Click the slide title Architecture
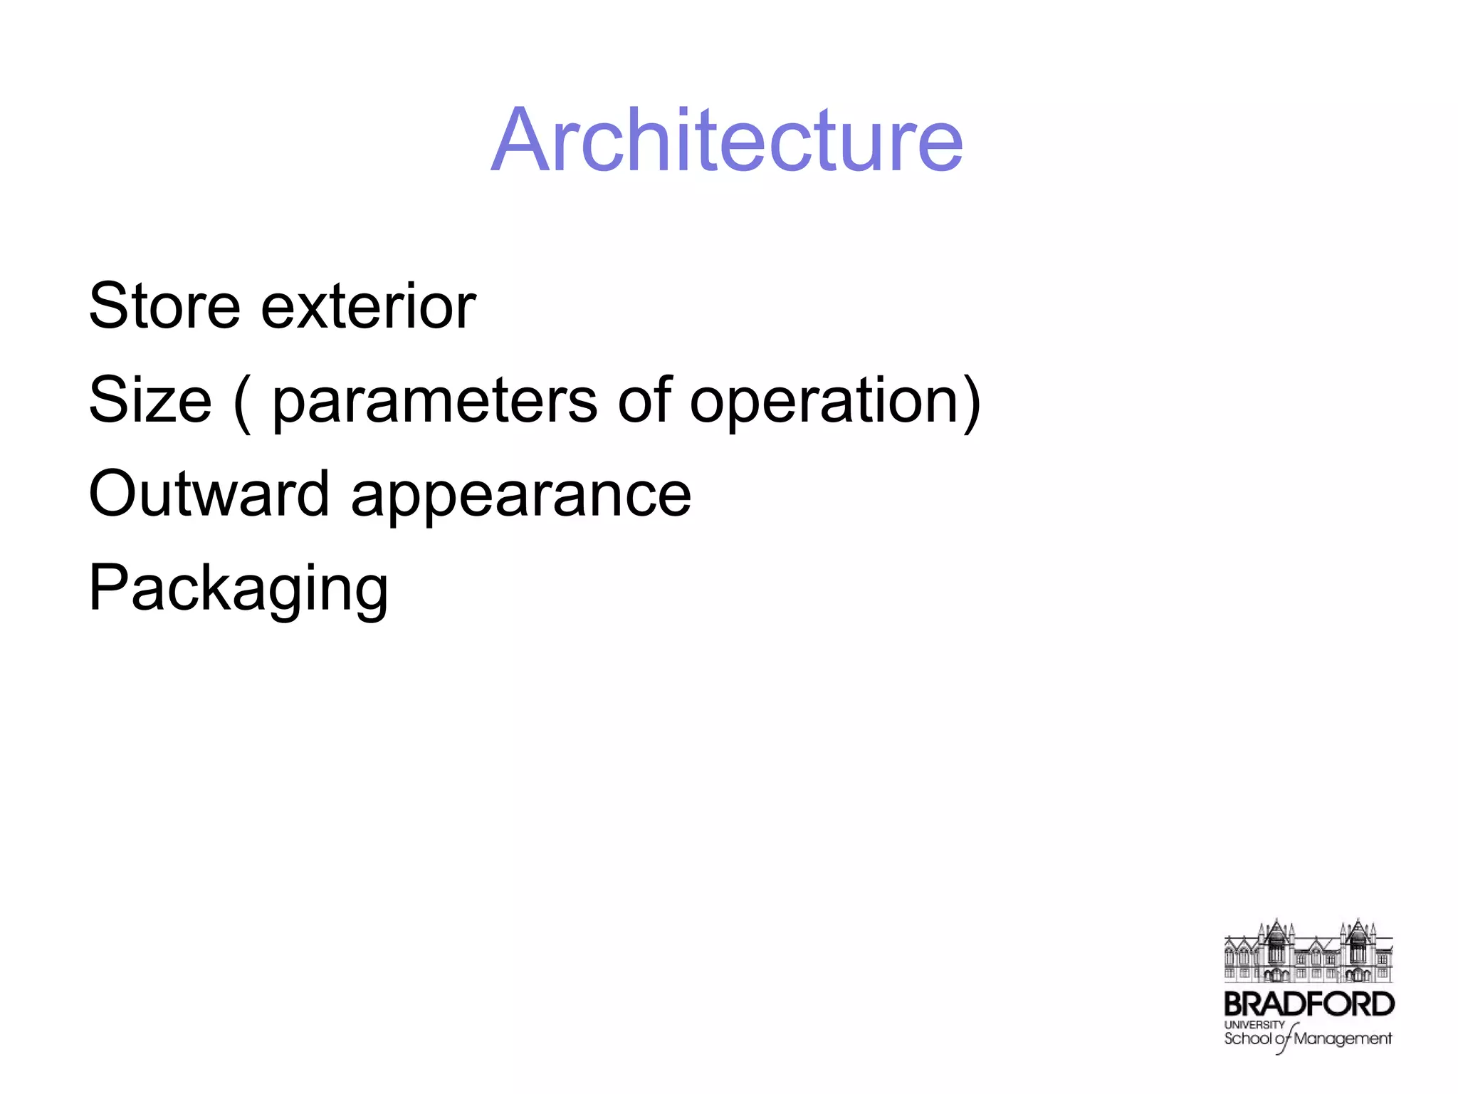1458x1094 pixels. (x=727, y=140)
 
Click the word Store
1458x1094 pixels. (x=164, y=306)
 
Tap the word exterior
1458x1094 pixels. (x=368, y=306)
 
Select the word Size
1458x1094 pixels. (x=150, y=400)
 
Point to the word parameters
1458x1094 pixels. (x=434, y=401)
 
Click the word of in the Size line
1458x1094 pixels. (x=644, y=400)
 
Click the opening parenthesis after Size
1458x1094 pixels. (x=242, y=402)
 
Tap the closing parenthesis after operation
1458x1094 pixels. (x=971, y=402)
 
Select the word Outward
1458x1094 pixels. (x=209, y=494)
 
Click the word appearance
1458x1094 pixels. (x=520, y=496)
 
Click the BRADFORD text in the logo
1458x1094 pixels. (x=1308, y=1004)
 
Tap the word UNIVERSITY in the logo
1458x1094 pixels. (x=1254, y=1024)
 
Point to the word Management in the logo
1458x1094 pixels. (x=1342, y=1039)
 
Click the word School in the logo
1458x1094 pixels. (x=1247, y=1039)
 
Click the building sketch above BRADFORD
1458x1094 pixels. (x=1308, y=951)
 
